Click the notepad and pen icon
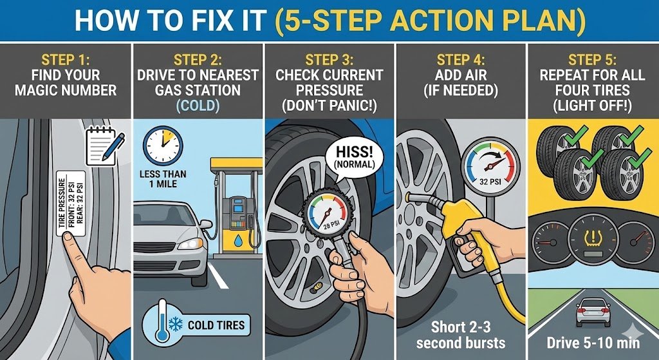pos(105,147)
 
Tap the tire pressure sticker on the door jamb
pos(71,203)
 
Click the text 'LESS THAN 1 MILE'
pos(163,179)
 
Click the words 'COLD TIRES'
pos(216,325)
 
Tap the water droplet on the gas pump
pos(238,241)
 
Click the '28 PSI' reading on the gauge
pos(329,225)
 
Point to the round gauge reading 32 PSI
pos(490,167)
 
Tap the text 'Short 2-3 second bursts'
pos(461,335)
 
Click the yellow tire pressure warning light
pos(593,238)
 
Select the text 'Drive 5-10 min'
pos(593,343)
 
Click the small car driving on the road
pos(593,312)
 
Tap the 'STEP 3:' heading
pos(329,59)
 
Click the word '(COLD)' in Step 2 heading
pos(198,106)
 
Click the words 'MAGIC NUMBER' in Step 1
pos(66,90)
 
